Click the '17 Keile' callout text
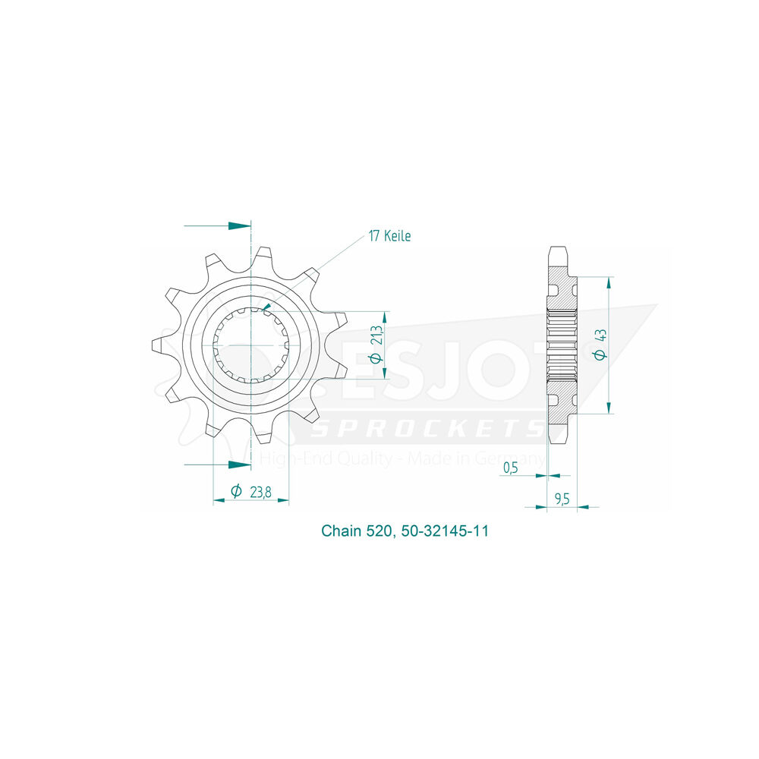(x=389, y=236)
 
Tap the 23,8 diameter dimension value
(x=260, y=493)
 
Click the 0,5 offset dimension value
(x=511, y=468)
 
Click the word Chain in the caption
(x=342, y=531)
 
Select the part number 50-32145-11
(x=445, y=531)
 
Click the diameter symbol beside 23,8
(x=236, y=491)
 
